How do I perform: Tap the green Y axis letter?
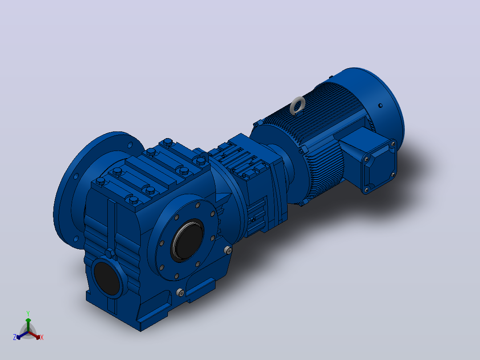pos(28,313)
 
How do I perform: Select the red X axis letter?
pos(42,337)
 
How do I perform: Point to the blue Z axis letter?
pos(15,337)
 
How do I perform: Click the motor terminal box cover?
pos(379,166)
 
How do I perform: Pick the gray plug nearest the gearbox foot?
pos(181,292)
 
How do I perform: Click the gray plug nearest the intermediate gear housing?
pos(228,250)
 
